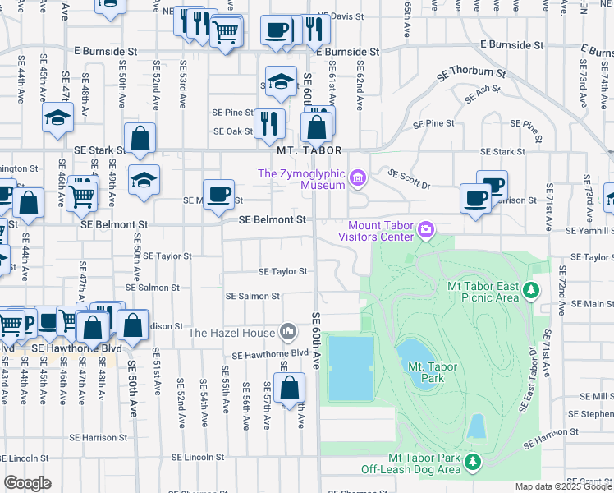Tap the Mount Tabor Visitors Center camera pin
425,228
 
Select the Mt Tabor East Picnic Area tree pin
531,290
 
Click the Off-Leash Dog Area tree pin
472,463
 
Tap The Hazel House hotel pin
288,332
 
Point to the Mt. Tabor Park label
428,373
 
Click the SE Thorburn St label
471,72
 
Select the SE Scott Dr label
409,176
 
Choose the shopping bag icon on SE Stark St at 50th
140,141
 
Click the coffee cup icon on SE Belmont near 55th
218,196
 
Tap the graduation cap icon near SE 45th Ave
57,118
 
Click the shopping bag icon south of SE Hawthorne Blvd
290,389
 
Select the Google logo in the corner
27,482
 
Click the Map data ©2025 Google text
563,486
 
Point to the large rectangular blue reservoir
351,366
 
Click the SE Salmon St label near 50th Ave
152,288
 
